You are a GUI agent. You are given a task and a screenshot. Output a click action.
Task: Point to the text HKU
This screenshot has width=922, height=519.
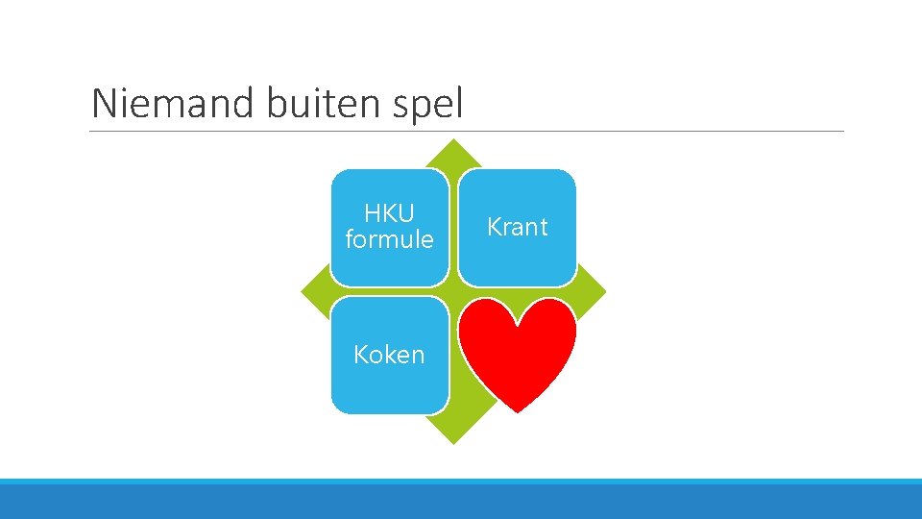point(389,213)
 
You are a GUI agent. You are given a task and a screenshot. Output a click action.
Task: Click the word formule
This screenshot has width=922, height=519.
point(389,239)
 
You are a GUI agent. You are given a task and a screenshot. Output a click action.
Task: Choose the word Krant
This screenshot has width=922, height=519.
point(517,228)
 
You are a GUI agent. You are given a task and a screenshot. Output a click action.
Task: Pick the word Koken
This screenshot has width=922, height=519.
point(389,355)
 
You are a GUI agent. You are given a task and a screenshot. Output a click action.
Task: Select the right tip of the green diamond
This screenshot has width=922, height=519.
point(605,291)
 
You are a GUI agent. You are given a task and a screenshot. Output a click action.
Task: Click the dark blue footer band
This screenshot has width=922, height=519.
point(461,502)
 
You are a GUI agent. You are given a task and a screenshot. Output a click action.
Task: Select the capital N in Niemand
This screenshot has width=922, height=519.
point(103,104)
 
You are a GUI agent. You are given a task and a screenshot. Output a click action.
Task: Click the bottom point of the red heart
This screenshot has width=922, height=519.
point(517,411)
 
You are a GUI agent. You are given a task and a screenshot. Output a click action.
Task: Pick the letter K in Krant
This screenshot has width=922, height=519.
point(494,228)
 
